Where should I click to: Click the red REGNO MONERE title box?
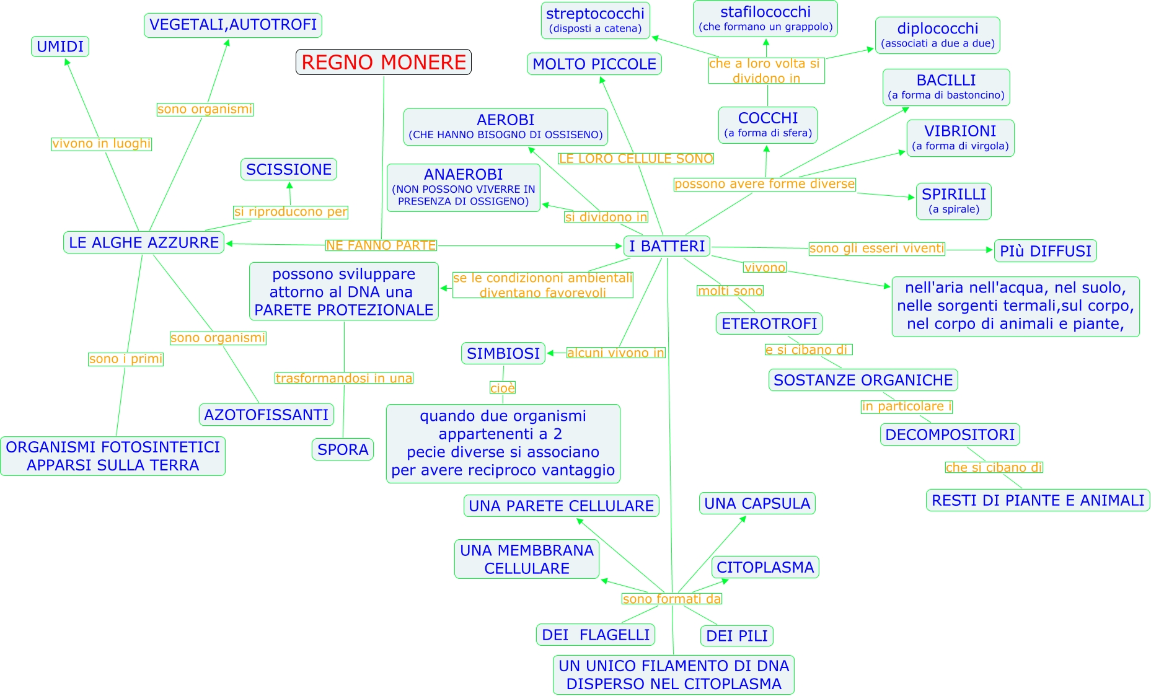tap(384, 62)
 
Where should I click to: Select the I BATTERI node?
tap(666, 246)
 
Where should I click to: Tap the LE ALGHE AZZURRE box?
tap(144, 242)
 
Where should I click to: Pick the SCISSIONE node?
tap(289, 169)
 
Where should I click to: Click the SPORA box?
tap(343, 449)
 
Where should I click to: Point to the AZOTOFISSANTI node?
tap(267, 415)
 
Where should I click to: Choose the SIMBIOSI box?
tap(503, 353)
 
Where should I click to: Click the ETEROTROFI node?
tap(769, 324)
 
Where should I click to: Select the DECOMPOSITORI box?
tap(950, 434)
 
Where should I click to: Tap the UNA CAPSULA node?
tap(757, 503)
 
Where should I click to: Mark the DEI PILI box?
tap(736, 636)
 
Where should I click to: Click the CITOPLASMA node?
tap(765, 567)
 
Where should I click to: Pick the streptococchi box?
tap(595, 20)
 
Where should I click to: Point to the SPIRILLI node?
tap(953, 201)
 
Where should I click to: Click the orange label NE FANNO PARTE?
tap(381, 245)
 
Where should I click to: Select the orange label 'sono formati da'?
tap(672, 599)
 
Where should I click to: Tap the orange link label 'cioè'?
tap(503, 388)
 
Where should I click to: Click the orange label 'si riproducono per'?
tap(290, 212)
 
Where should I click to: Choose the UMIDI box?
tap(60, 46)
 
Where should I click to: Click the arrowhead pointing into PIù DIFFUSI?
tap(989, 250)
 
